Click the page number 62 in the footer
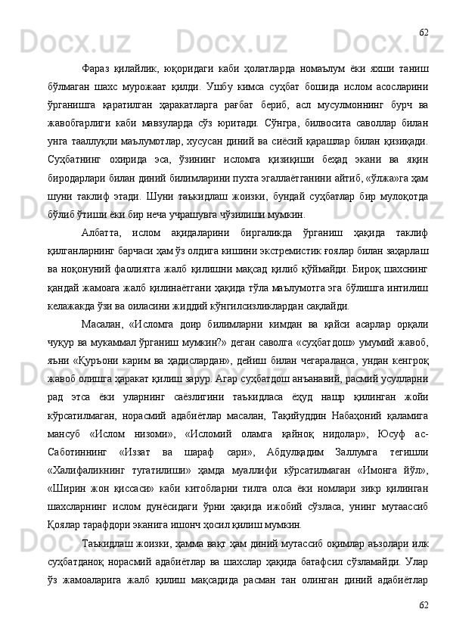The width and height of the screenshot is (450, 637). [x=424, y=605]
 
